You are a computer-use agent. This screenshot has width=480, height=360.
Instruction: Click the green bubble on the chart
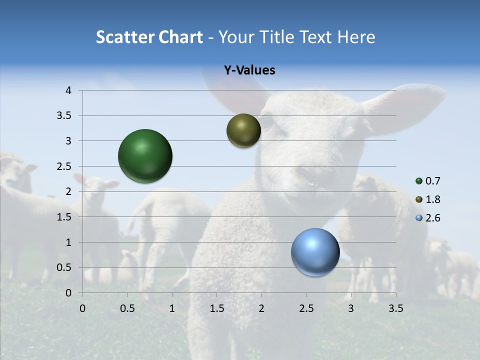[145, 156]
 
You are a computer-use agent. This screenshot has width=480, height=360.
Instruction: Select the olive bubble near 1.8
[243, 130]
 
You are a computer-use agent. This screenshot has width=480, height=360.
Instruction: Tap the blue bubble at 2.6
[315, 252]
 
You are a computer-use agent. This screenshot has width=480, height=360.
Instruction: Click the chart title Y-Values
[249, 70]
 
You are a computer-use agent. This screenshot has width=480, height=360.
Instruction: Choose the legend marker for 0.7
[419, 181]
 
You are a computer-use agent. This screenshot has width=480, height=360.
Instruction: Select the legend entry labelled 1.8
[432, 199]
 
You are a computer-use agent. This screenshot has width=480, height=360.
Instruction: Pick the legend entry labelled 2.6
[432, 218]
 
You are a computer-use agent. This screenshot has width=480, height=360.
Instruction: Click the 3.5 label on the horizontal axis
[395, 308]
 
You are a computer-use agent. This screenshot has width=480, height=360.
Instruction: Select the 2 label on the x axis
[261, 308]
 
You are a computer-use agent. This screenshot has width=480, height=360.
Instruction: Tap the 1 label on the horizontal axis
[172, 308]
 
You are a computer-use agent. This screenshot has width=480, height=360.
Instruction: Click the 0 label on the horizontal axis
[82, 308]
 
